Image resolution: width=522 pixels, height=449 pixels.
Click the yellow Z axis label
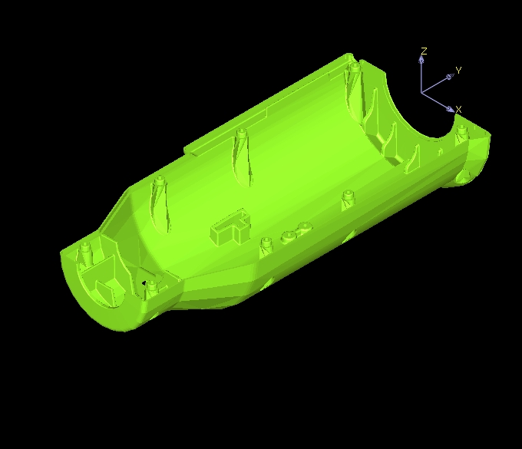point(424,51)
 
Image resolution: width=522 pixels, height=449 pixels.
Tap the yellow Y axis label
point(458,71)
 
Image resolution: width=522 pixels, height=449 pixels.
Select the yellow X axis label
point(458,110)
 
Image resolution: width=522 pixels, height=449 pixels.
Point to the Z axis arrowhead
point(421,59)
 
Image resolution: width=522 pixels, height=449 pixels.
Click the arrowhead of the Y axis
point(449,78)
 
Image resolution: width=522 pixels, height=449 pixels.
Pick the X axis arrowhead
point(450,109)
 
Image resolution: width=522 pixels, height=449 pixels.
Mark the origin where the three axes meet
point(421,92)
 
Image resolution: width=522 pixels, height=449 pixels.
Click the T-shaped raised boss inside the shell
point(231,227)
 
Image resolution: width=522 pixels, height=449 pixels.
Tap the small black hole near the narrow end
point(144,283)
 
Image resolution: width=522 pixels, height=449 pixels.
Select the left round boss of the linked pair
point(289,236)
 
